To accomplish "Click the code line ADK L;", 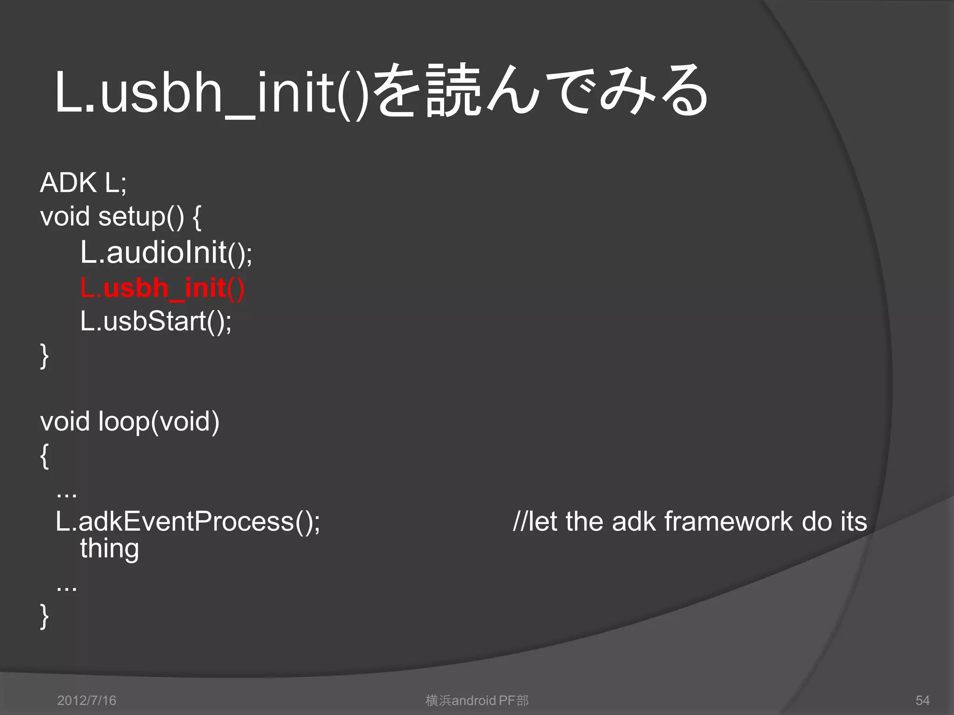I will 83,182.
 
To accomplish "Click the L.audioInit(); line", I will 166,253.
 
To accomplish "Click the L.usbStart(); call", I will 156,321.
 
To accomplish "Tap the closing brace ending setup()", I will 44,356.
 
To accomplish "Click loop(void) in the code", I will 158,421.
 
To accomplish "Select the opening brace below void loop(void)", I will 44,456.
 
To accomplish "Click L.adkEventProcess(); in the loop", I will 188,521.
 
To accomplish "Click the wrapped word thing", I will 109,549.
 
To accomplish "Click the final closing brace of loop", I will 44,617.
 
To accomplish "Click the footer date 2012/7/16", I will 87,701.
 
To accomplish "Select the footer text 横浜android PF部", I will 477,701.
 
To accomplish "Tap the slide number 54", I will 922,701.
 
